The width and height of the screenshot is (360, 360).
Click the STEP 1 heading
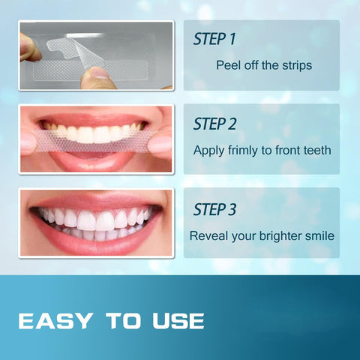[x=219, y=38]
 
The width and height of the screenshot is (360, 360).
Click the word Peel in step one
[x=229, y=65]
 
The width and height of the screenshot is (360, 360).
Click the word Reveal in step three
[x=208, y=235]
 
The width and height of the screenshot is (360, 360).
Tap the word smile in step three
[x=318, y=235]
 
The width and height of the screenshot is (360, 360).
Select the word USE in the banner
[x=177, y=321]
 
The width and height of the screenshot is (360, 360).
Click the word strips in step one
[x=295, y=65]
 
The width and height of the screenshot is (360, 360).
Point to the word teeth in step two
[x=315, y=150]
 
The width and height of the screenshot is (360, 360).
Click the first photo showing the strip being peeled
[x=96, y=55]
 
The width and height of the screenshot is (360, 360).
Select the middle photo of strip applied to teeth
[x=96, y=139]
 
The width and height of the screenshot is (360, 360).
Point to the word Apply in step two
[x=208, y=150]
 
